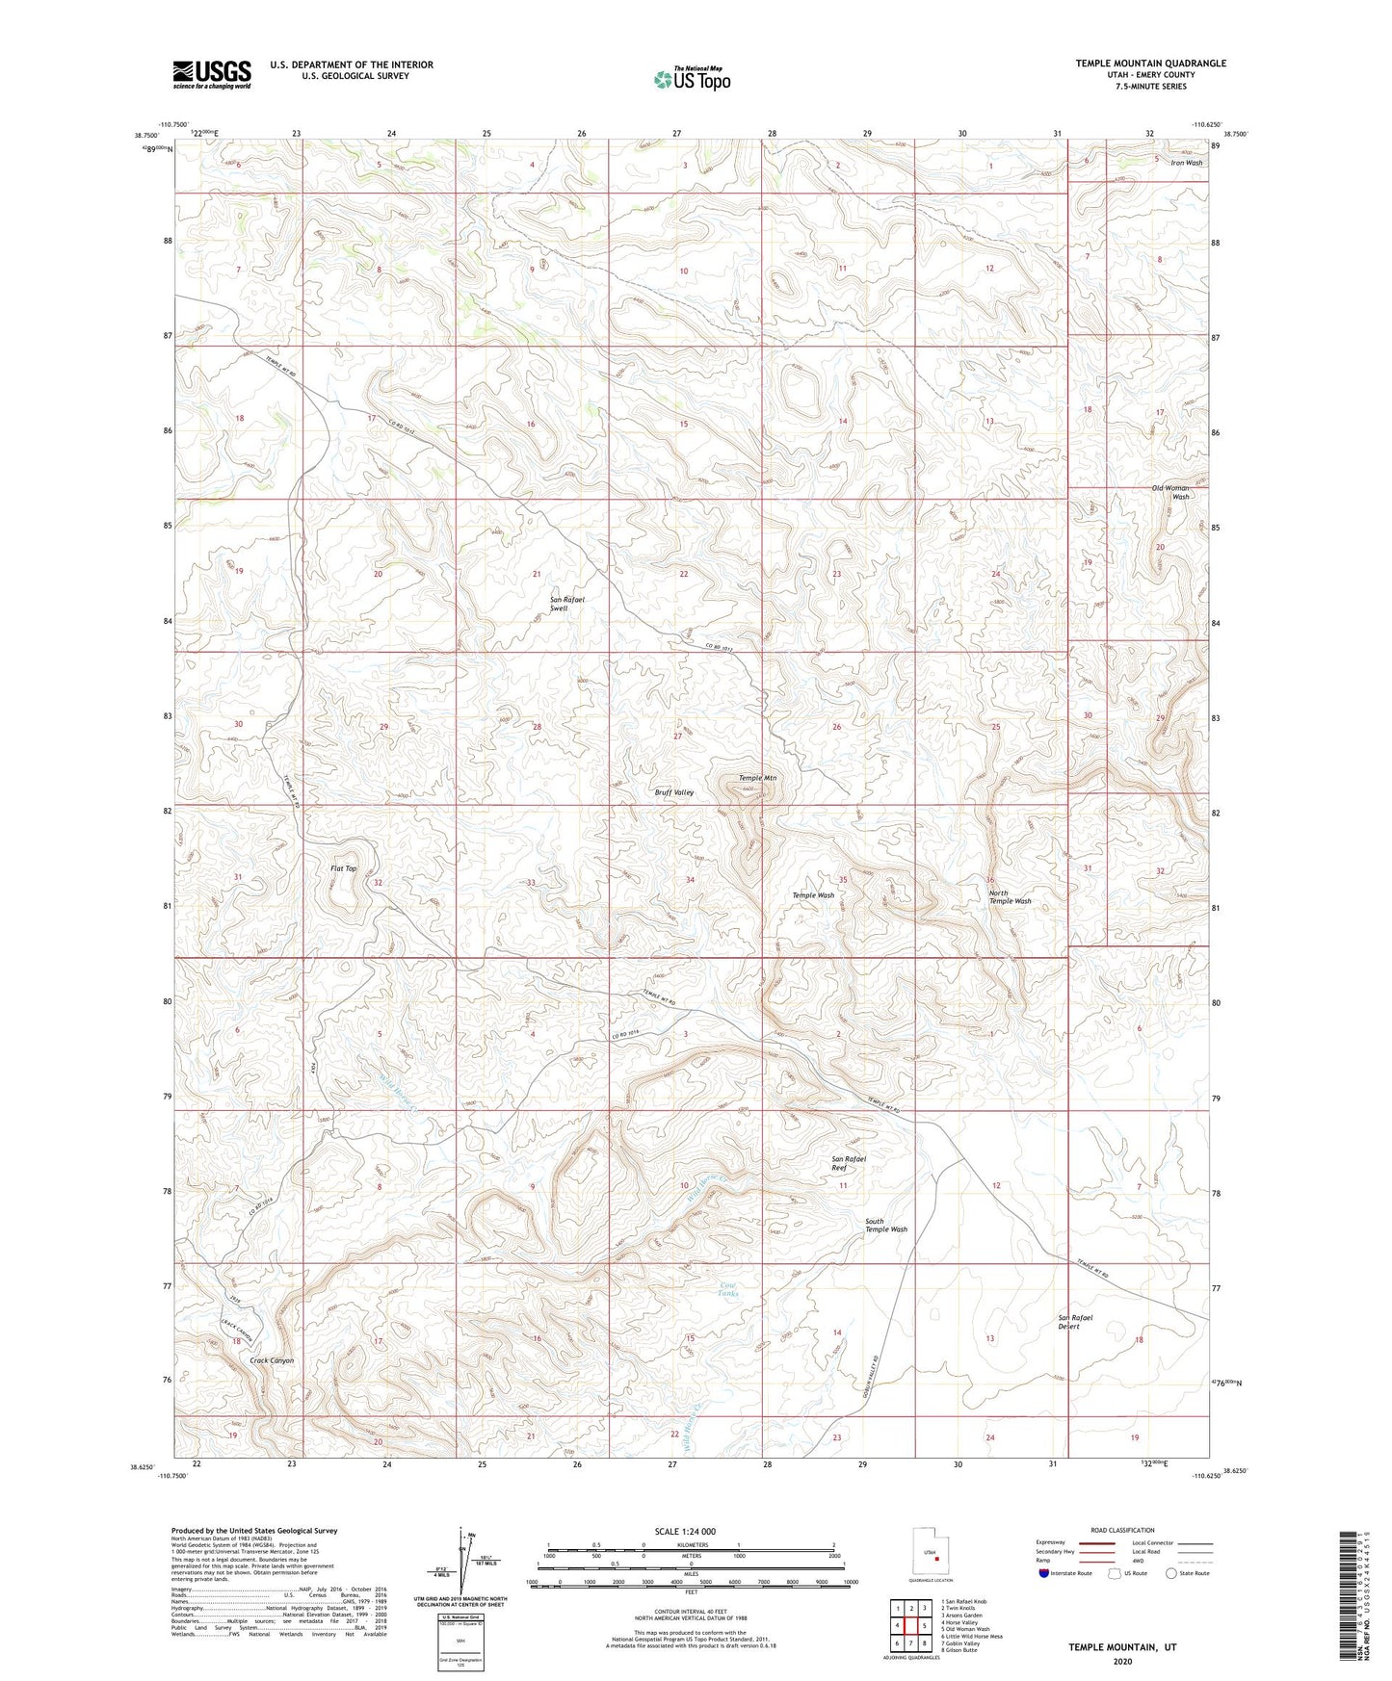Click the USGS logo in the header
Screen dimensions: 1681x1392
pos(211,74)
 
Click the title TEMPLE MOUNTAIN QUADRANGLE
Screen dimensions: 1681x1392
pos(1150,64)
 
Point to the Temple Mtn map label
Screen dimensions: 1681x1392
pos(757,778)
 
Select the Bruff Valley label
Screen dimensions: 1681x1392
pos(673,792)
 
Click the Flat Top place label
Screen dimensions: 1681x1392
pos(344,868)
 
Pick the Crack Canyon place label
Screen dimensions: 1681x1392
pos(272,1360)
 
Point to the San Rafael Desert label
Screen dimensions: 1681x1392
pos(1075,1322)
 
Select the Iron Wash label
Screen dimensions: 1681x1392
pos(1186,163)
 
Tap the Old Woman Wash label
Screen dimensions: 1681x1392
pos(1171,492)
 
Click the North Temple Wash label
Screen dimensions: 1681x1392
pos(1010,897)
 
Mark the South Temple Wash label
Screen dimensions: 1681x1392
pos(885,1226)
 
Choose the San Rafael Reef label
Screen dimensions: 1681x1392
pos(849,1163)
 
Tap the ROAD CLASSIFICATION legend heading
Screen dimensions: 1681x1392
pos(1121,1530)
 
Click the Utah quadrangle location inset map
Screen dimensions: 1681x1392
pos(930,1554)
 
